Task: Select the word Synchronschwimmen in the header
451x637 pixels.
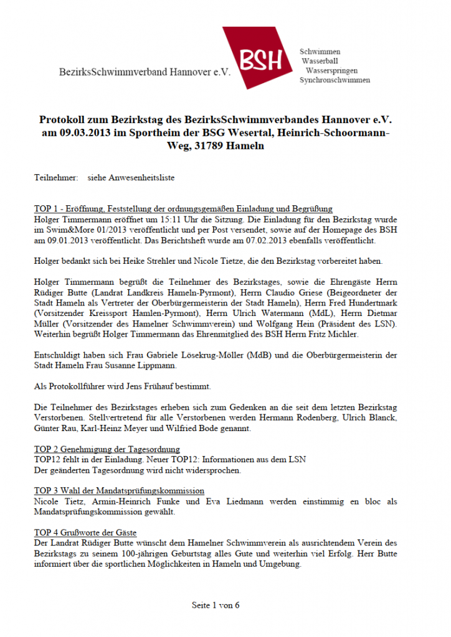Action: [335, 80]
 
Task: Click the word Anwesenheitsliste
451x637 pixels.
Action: [146, 177]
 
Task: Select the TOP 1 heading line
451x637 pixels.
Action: [183, 209]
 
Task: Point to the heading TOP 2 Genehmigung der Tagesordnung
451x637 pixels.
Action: [107, 449]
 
